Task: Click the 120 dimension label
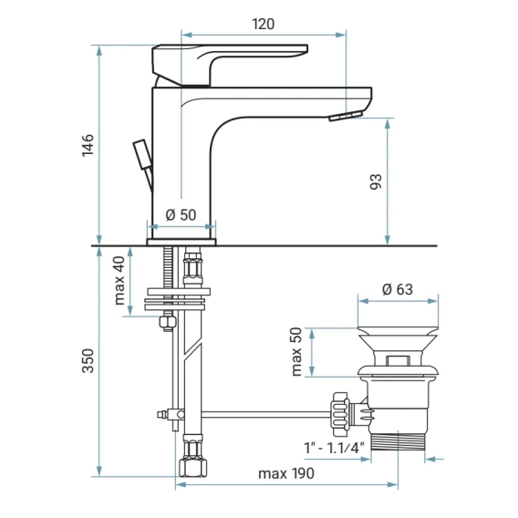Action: pyautogui.click(x=263, y=24)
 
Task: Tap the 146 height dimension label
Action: pyautogui.click(x=88, y=145)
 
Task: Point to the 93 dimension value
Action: pyautogui.click(x=376, y=181)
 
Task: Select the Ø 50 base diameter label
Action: pyautogui.click(x=181, y=215)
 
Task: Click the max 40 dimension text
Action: pyautogui.click(x=119, y=281)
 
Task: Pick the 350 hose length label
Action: pyautogui.click(x=88, y=361)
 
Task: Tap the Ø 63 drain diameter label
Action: pyautogui.click(x=398, y=289)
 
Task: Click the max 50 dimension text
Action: pyautogui.click(x=297, y=351)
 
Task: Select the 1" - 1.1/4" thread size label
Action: pyautogui.click(x=334, y=448)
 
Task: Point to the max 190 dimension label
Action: pyautogui.click(x=286, y=473)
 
